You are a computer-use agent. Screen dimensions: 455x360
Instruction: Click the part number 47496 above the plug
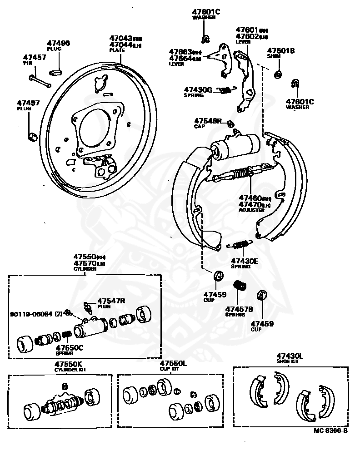coord(59,44)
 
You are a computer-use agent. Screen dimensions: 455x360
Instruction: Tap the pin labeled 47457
coord(41,80)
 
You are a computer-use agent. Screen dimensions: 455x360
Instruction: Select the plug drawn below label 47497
coord(32,136)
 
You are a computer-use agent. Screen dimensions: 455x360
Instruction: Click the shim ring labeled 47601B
coord(278,74)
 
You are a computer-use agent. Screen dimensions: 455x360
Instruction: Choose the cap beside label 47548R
coord(230,124)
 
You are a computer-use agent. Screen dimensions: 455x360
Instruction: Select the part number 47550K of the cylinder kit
coord(69,364)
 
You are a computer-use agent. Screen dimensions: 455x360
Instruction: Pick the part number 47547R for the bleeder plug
coord(111,301)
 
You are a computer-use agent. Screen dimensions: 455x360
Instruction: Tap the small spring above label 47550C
coord(66,335)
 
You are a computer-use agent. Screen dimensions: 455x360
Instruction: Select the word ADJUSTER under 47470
coord(251,210)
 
